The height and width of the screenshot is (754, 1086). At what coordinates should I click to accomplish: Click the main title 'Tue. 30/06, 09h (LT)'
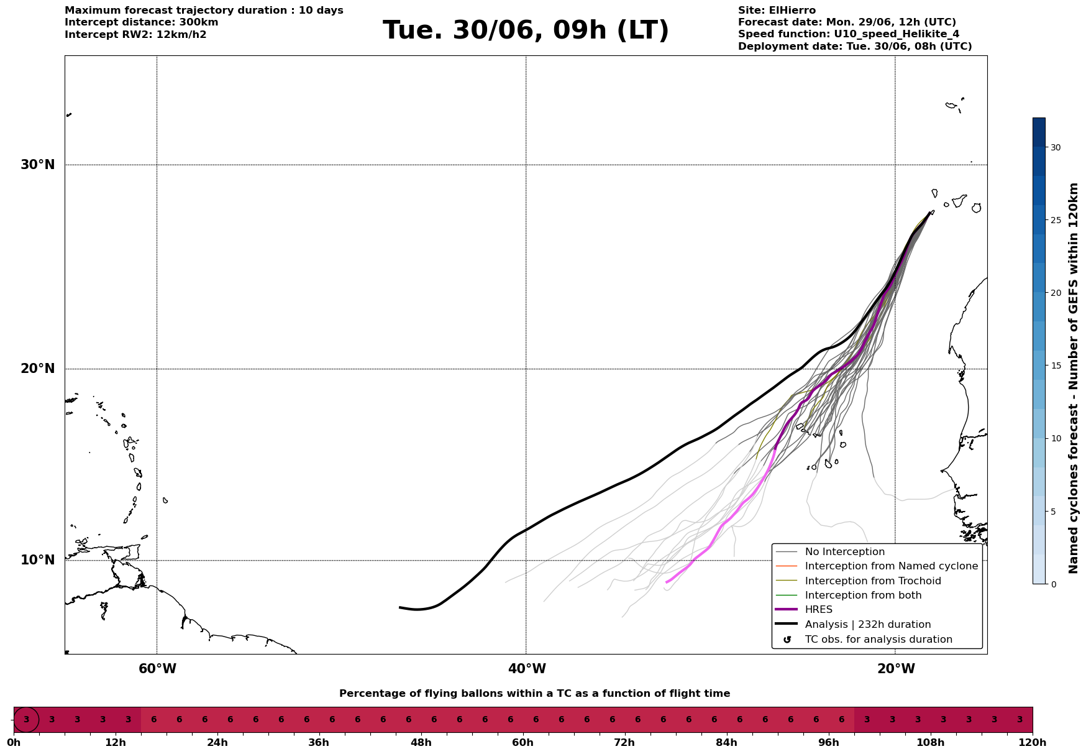click(526, 30)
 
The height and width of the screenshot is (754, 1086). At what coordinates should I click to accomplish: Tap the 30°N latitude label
click(38, 165)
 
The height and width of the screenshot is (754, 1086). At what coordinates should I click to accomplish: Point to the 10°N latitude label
click(38, 560)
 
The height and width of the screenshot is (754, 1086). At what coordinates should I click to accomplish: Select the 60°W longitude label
click(157, 669)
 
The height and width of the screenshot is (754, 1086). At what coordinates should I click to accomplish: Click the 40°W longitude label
click(527, 669)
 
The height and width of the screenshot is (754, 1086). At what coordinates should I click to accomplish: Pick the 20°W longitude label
click(896, 669)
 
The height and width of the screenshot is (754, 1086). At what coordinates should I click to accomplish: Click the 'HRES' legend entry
click(818, 610)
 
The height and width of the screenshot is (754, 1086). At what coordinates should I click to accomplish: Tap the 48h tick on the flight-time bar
click(421, 743)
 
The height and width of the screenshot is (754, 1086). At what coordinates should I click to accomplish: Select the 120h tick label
click(1033, 743)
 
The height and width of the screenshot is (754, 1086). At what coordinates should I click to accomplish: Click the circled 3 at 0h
click(26, 720)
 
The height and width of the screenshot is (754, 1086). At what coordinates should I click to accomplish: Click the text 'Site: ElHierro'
click(777, 11)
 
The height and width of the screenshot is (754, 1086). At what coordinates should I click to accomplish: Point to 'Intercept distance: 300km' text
click(142, 22)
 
